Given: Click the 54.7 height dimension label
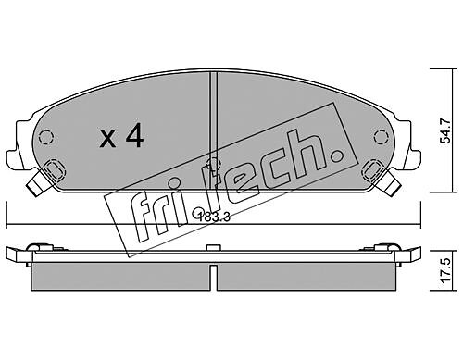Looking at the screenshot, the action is point(446,130).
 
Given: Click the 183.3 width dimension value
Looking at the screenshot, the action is point(214,217).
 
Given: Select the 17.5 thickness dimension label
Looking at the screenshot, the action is point(446,271).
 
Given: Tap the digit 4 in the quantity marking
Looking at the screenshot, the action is point(134,135).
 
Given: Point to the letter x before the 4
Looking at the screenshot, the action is point(107,139).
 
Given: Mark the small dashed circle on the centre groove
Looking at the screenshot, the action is point(213,163).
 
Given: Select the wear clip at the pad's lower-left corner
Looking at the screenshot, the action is point(45,177).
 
